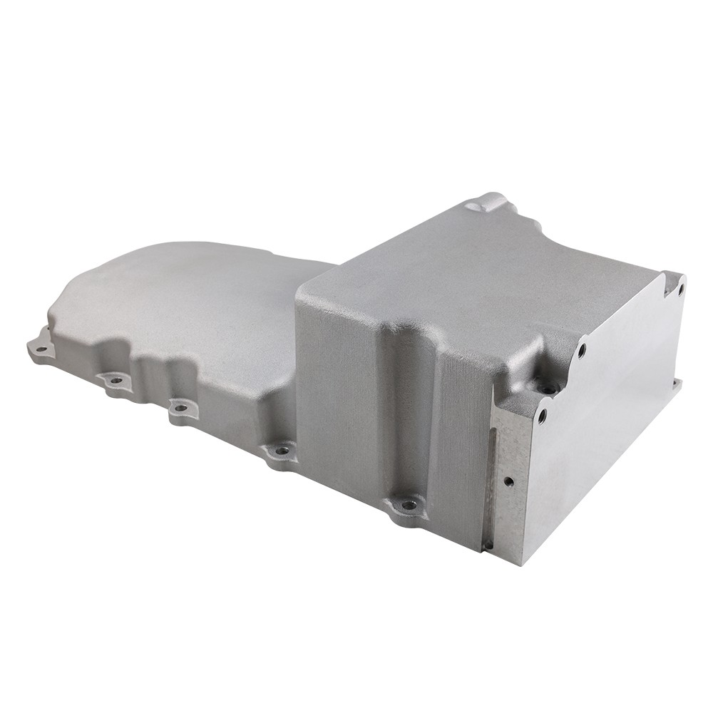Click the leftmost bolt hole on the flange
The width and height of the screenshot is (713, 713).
click(41, 349)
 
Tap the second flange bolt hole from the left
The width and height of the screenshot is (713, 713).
click(116, 380)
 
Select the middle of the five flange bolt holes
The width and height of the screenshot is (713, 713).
click(180, 409)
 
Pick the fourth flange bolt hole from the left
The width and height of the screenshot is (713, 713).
click(282, 450)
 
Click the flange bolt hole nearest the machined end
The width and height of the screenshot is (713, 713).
click(409, 505)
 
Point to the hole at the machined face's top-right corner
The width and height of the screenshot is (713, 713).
click(680, 289)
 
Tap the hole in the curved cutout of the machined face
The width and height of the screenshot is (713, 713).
click(582, 350)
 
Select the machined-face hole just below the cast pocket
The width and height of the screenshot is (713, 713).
click(542, 414)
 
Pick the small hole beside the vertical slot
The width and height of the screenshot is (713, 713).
click(508, 481)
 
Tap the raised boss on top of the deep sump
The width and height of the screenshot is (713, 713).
click(489, 202)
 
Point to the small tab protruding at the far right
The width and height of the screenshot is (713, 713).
click(675, 386)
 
